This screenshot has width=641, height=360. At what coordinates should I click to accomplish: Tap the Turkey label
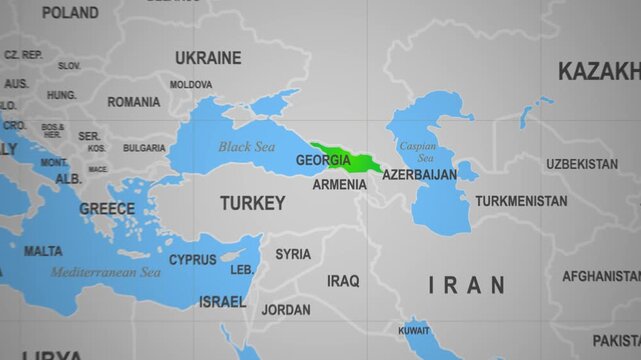click(253, 203)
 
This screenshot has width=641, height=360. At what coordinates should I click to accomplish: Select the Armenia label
click(339, 185)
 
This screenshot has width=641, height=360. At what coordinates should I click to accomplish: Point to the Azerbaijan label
click(419, 174)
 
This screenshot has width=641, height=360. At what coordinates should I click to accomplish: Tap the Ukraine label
click(208, 58)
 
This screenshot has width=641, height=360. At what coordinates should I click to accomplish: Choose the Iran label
click(466, 286)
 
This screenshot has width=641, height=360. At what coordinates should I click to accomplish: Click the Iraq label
click(343, 280)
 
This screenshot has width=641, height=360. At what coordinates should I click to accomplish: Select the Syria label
click(293, 254)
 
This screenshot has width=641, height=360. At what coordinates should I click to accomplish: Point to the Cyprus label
click(192, 260)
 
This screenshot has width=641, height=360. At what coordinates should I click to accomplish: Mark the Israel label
click(221, 301)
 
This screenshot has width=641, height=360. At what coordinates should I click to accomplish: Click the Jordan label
click(286, 310)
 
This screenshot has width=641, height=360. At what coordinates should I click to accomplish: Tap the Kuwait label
click(413, 329)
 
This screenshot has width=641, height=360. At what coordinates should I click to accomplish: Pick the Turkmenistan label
click(521, 201)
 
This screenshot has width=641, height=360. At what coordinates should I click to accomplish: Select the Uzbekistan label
click(582, 163)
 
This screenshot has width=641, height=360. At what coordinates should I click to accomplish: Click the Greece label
click(107, 209)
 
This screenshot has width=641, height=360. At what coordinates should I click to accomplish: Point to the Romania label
click(133, 102)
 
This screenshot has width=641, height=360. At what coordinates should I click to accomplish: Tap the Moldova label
click(190, 85)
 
